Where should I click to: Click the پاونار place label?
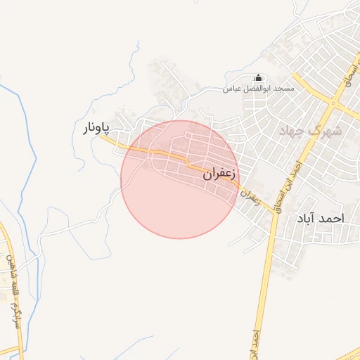pyautogui.click(x=94, y=128)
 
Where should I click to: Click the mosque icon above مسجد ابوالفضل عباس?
pyautogui.click(x=258, y=78)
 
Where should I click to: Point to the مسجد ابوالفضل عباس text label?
pyautogui.click(x=258, y=89)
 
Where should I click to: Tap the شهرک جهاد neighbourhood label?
pyautogui.click(x=310, y=130)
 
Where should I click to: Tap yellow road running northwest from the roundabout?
pyautogui.click(x=309, y=84)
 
